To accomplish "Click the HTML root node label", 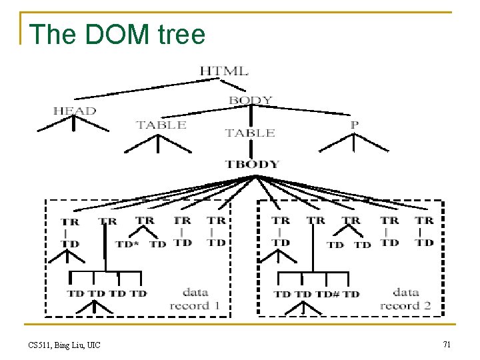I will coord(223,71).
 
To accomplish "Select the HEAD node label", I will coord(75,111).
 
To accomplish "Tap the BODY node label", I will coord(250,101).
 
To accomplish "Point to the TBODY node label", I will coord(252,163).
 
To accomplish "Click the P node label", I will coord(354,124).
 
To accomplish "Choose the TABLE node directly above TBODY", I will coord(250,133).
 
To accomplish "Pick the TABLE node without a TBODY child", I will coord(161,125).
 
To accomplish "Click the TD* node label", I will coord(127,244).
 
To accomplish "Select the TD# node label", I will coord(327,293).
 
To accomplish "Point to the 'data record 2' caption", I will coord(405,299).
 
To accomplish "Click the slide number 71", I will coord(446,344).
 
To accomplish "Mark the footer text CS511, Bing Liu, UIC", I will coord(64,345).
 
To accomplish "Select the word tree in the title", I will coord(181,34).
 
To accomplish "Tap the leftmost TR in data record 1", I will coord(69,221).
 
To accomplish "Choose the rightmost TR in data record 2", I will coord(424,220).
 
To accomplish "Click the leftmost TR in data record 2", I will coord(281,220).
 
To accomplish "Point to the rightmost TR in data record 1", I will coord(216,220).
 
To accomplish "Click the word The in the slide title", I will coord(53,34).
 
